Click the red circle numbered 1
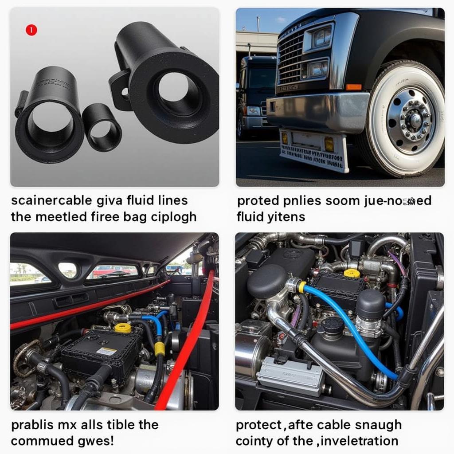pos(31,30)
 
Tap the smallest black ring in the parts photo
pos(102,127)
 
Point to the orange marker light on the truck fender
pos(354,87)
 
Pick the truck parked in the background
pos(255,95)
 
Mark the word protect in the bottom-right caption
pos(259,425)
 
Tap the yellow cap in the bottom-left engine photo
pos(123,328)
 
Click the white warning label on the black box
pos(106,351)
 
